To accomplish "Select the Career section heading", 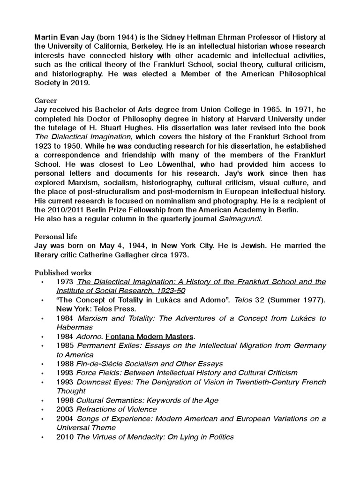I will pos(46,100).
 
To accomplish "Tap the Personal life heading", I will pos(55,236).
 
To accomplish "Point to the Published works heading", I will pos(63,272).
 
